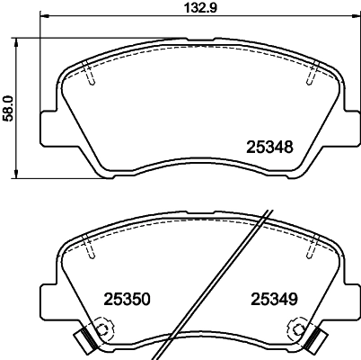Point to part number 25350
click(128, 301)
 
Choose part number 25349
click(274, 301)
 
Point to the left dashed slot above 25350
click(92, 245)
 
